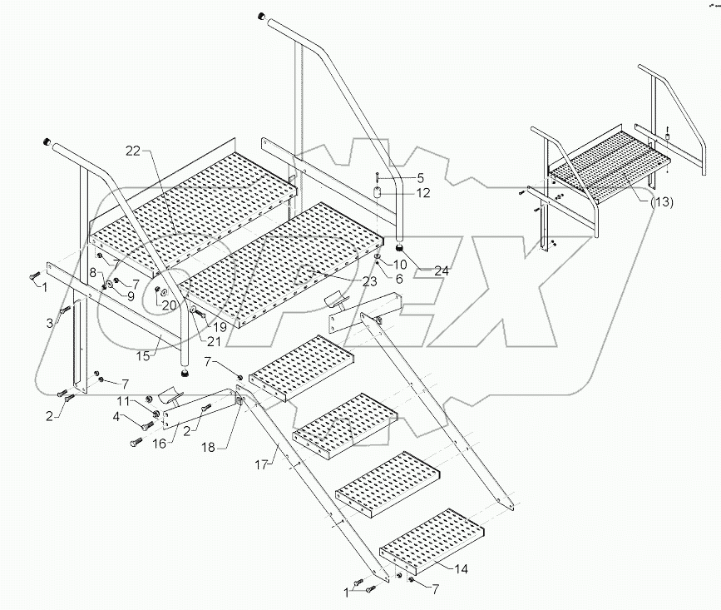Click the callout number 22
[134, 150]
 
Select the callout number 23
[368, 281]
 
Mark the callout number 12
[422, 193]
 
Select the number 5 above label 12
[420, 177]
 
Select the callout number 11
[121, 401]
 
